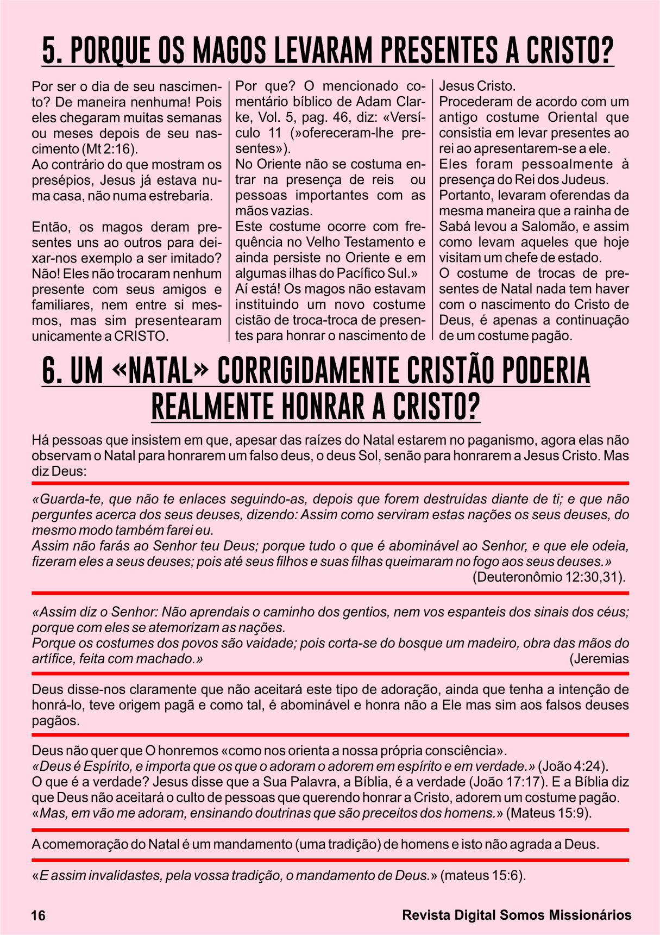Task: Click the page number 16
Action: coord(39,915)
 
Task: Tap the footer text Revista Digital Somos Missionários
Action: coord(517,915)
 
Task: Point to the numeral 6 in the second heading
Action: coord(49,371)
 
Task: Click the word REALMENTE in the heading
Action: coord(212,407)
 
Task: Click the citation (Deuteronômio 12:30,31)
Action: coord(549,577)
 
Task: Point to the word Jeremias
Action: coord(601,659)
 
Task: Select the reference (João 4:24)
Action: coord(573,766)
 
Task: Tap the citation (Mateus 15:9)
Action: coord(549,813)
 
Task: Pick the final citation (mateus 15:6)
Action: coord(483,876)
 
